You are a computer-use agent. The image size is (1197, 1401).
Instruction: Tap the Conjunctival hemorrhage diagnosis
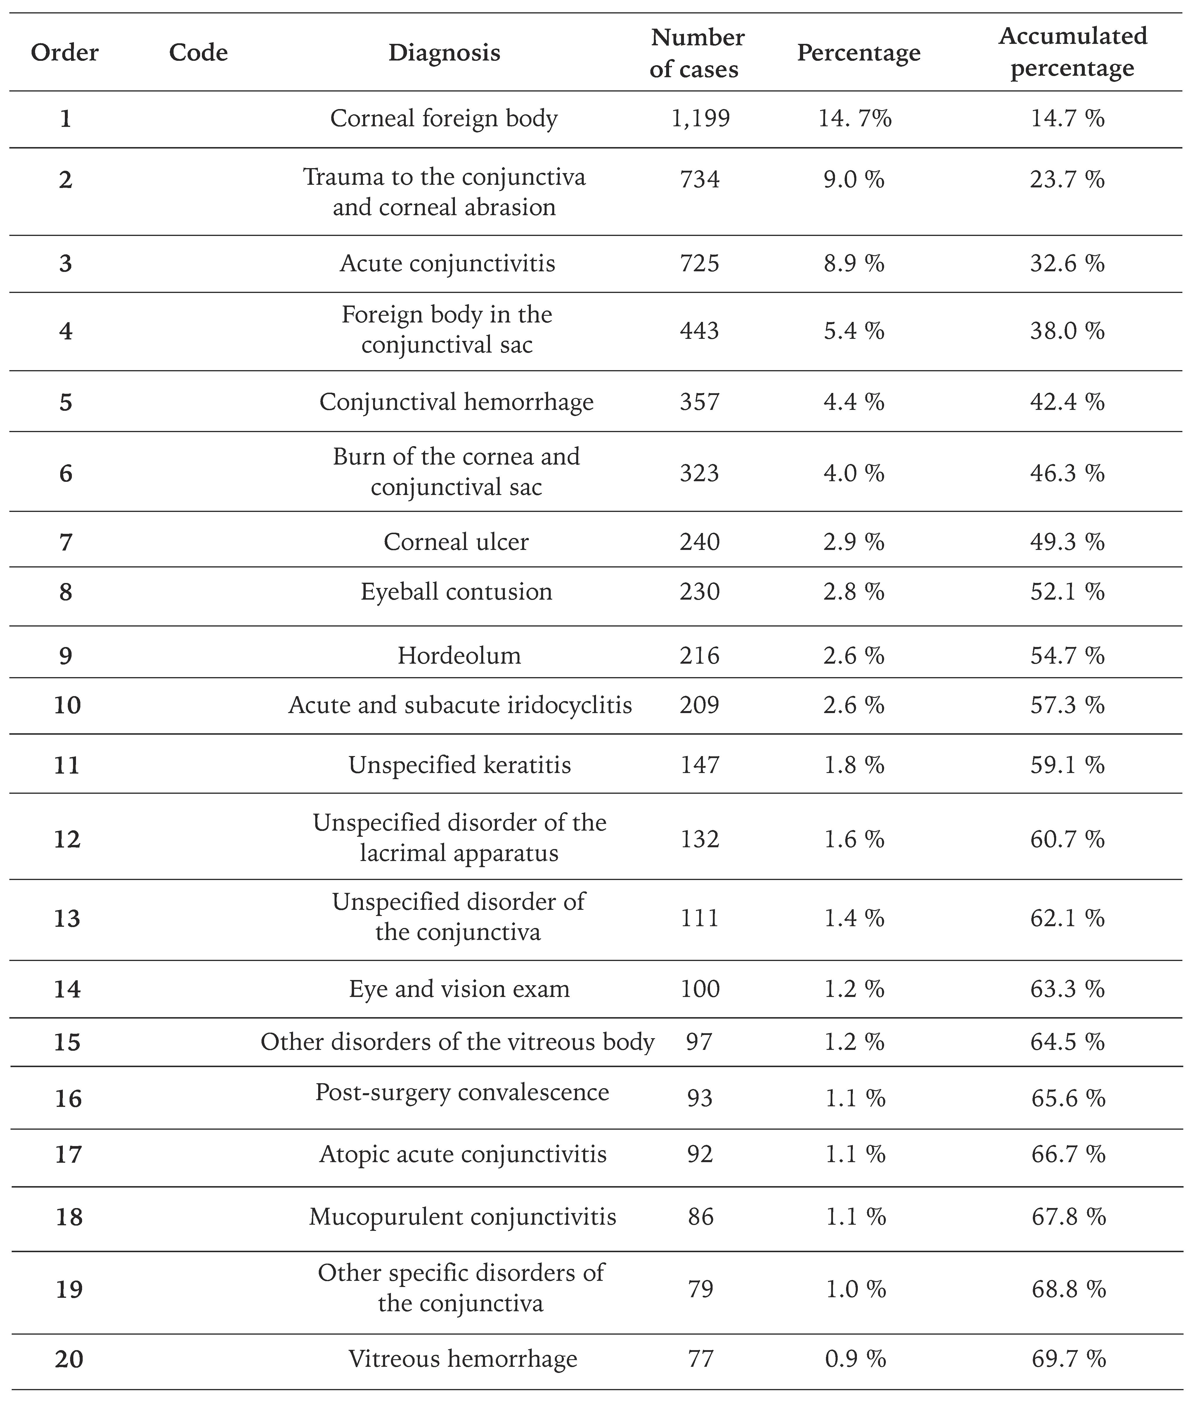coord(456,402)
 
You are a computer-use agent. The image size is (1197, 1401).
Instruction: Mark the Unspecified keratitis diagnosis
coord(460,765)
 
